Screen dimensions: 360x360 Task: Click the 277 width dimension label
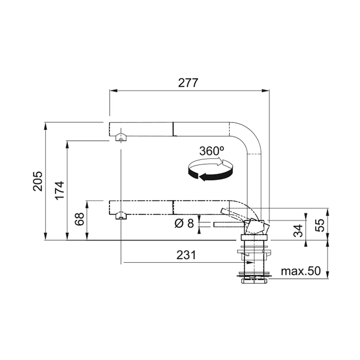point(188,83)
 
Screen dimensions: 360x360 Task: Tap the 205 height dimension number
point(38,181)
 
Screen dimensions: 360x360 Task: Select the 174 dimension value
point(60,190)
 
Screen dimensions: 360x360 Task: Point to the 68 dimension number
point(80,219)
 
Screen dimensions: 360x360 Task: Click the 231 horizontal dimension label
point(186,255)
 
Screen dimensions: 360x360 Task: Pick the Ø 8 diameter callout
point(184,223)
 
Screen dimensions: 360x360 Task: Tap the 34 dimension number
point(298,230)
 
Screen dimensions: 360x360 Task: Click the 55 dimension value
point(320,225)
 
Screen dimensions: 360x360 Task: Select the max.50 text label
point(301,271)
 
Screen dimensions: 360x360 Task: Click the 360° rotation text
point(211,151)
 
